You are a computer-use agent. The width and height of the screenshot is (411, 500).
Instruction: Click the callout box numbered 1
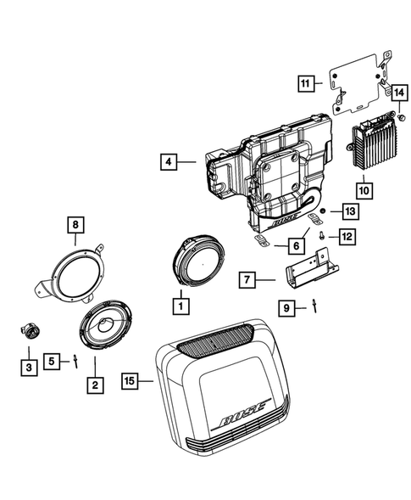pyautogui.click(x=179, y=301)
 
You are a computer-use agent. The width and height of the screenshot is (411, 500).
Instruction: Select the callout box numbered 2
pyautogui.click(x=94, y=385)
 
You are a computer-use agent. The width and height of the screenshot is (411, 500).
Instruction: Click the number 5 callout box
pyautogui.click(x=53, y=361)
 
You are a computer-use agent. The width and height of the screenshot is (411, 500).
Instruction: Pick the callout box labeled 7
pyautogui.click(x=246, y=278)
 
